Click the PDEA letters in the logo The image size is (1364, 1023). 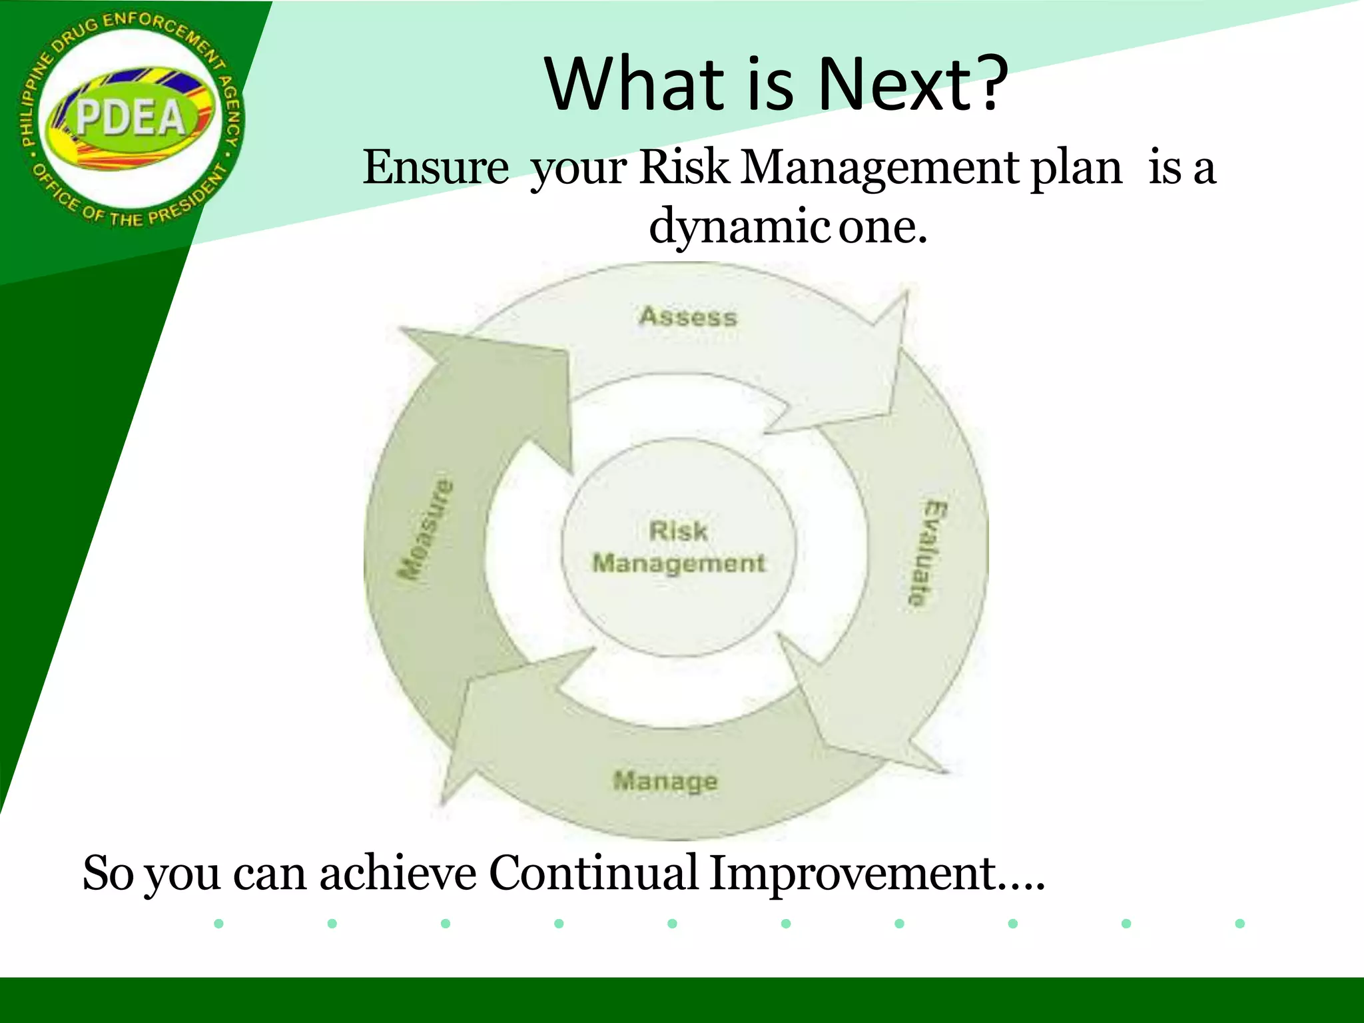[131, 118]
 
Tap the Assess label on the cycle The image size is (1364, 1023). [688, 316]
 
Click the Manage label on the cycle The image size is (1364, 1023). [665, 781]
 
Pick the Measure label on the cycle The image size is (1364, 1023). [425, 529]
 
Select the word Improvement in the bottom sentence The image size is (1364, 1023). [852, 872]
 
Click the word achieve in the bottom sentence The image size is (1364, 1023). [398, 872]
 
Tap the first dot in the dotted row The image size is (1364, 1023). [218, 923]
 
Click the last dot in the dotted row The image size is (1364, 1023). [1239, 923]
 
